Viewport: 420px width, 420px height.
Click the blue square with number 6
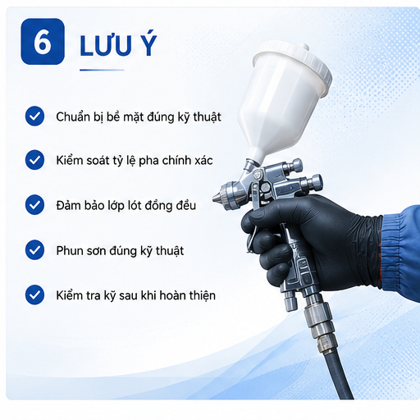click(x=43, y=42)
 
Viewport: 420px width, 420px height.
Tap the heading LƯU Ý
click(x=118, y=45)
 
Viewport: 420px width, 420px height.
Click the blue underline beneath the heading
click(x=102, y=70)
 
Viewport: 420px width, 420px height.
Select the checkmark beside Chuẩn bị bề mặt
click(x=34, y=116)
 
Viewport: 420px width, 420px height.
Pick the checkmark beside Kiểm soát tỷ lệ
click(x=34, y=160)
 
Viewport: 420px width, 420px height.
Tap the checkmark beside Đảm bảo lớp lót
click(x=34, y=205)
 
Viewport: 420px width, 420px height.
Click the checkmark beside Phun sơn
click(x=34, y=250)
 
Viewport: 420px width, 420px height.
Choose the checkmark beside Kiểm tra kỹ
click(x=34, y=294)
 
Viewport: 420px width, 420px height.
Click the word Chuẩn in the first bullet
click(x=69, y=117)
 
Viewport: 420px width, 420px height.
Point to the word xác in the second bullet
click(x=203, y=161)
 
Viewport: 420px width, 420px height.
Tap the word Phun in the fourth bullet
click(x=68, y=251)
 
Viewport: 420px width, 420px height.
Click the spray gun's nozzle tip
click(x=215, y=197)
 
